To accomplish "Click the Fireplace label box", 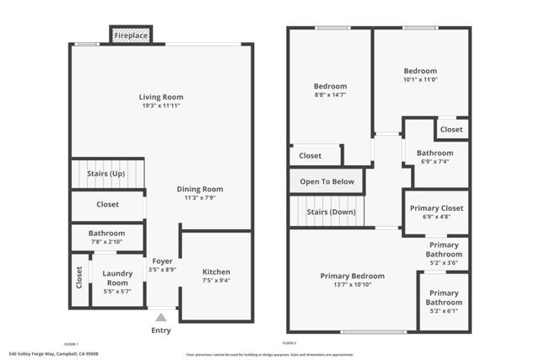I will [131, 35].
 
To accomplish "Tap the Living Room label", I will [160, 97].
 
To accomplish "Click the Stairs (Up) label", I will [106, 174].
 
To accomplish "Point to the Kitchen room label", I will [216, 271].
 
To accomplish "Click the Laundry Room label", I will [117, 277].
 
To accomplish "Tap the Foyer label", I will [161, 261].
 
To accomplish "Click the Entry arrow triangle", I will [160, 318].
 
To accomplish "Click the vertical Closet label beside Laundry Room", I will [79, 278].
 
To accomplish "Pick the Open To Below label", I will [326, 181].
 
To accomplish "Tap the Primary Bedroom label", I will [352, 276].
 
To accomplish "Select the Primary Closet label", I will [436, 207].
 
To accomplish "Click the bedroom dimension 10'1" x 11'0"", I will [420, 80].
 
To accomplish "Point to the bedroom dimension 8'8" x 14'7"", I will [330, 96].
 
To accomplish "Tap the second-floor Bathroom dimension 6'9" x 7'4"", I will [435, 162].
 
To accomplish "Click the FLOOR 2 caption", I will [289, 343].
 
